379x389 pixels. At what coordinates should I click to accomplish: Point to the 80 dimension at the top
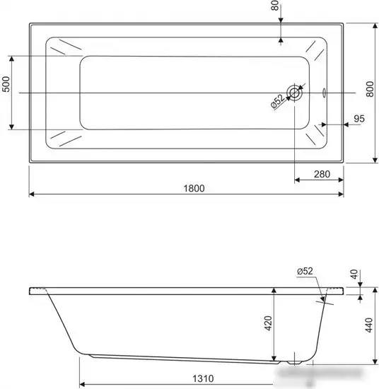pos(274,10)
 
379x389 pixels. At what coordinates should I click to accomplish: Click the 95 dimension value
pos(358,119)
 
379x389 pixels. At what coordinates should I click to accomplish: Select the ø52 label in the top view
pos(277,103)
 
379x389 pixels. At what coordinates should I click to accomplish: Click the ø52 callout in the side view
pos(305,271)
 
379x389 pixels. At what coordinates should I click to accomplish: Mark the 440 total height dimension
pos(369,326)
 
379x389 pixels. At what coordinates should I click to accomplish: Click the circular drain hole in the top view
pos(294,93)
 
